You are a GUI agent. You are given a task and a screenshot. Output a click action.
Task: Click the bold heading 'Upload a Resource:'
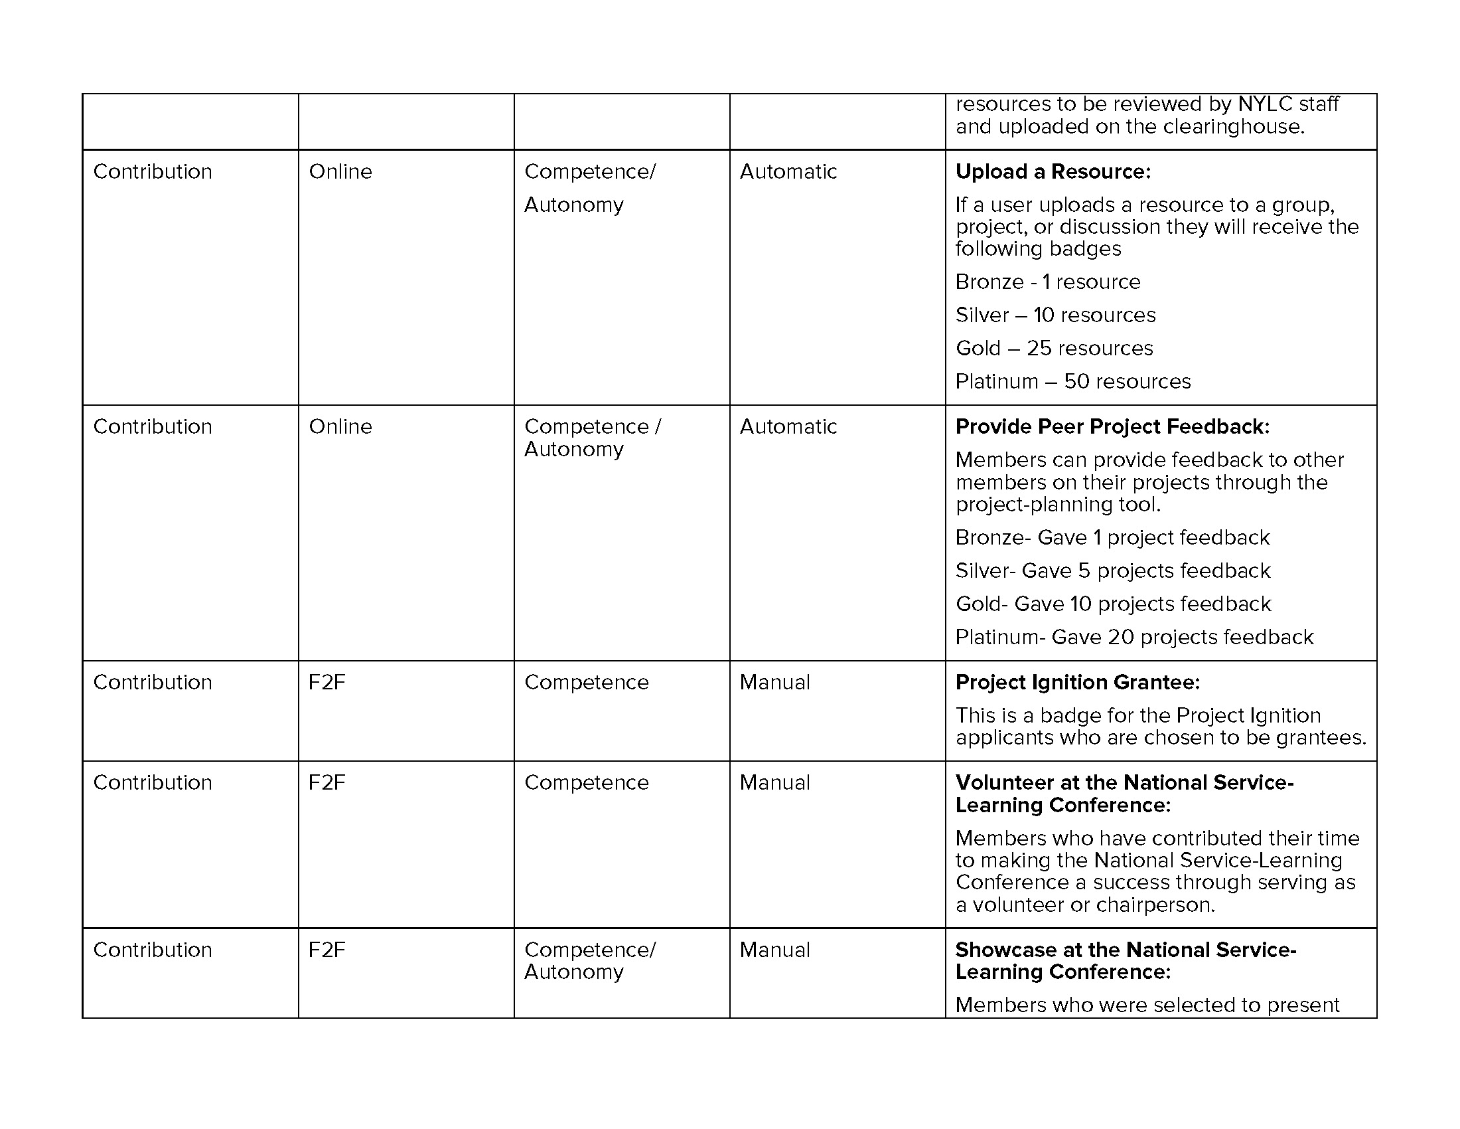(1053, 172)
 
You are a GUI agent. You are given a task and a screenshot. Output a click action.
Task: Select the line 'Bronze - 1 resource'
(1047, 282)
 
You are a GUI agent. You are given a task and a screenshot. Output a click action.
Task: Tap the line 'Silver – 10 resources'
(1055, 315)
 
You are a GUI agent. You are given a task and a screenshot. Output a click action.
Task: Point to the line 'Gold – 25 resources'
(1054, 349)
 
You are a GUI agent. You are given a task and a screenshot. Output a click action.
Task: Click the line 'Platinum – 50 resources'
(1072, 381)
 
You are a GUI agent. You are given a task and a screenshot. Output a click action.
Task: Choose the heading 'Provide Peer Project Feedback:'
(1112, 427)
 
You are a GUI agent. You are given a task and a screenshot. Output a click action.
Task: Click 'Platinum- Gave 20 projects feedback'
(1133, 638)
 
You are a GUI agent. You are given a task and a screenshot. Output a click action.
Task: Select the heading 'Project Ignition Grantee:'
(1077, 682)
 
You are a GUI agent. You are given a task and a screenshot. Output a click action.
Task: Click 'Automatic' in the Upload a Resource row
(788, 172)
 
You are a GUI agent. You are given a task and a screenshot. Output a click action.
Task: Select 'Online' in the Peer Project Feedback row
(340, 427)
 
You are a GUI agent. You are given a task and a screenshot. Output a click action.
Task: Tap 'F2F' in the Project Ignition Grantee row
(327, 682)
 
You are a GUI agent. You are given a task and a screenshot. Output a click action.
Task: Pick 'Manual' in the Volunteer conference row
(774, 782)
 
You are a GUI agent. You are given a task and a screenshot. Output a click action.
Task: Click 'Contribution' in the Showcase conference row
(153, 950)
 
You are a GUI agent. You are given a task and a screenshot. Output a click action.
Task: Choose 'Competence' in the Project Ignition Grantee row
(586, 682)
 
